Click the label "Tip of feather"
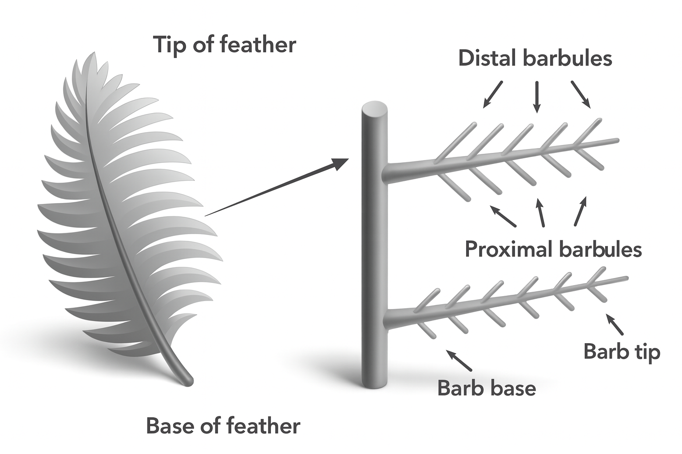point(224,45)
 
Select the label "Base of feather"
point(223,426)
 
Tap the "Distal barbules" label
point(535,58)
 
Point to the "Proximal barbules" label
point(553,249)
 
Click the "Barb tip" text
point(622,352)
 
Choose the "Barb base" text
point(487,388)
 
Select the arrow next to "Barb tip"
point(615,325)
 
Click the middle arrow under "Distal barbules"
point(537,96)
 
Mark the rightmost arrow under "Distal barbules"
point(581,94)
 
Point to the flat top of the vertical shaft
point(375,108)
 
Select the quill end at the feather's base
point(188,380)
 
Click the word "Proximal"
point(503,249)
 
